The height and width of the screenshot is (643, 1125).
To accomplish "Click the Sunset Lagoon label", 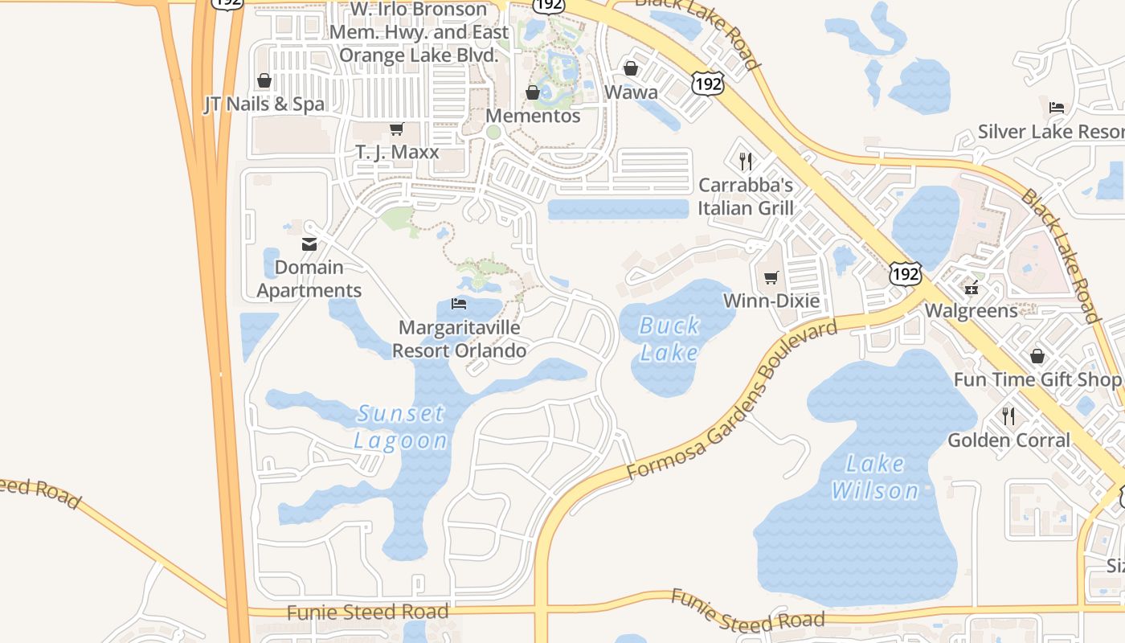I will click(400, 427).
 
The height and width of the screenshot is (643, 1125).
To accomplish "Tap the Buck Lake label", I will click(669, 339).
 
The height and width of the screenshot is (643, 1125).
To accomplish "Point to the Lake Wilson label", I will click(875, 477).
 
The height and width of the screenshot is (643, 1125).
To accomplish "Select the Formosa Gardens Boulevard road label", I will click(731, 399).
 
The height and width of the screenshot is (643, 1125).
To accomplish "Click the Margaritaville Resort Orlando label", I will click(460, 339).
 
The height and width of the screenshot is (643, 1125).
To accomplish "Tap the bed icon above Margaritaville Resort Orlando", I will click(459, 304).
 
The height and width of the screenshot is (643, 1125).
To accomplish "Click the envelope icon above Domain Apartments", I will click(309, 244).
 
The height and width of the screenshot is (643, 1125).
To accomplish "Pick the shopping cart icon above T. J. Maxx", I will click(396, 129).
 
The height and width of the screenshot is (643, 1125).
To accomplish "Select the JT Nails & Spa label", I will click(264, 104).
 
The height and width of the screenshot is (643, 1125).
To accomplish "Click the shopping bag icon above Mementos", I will click(532, 92).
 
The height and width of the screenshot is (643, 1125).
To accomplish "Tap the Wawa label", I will click(631, 92).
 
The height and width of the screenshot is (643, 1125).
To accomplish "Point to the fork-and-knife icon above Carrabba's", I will click(746, 162).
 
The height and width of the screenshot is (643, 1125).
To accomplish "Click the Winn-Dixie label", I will click(771, 301).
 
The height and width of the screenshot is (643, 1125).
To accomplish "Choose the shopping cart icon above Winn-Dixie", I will click(771, 277).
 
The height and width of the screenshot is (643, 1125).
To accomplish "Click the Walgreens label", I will click(971, 310).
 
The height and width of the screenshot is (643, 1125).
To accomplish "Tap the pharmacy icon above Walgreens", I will click(972, 287).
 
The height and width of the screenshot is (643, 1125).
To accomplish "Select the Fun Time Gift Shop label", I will click(1037, 379).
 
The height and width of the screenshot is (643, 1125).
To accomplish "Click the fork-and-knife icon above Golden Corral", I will click(1008, 416).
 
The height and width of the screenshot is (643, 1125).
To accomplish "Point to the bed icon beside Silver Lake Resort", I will click(1057, 108).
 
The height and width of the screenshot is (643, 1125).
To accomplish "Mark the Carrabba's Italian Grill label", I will click(746, 196).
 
